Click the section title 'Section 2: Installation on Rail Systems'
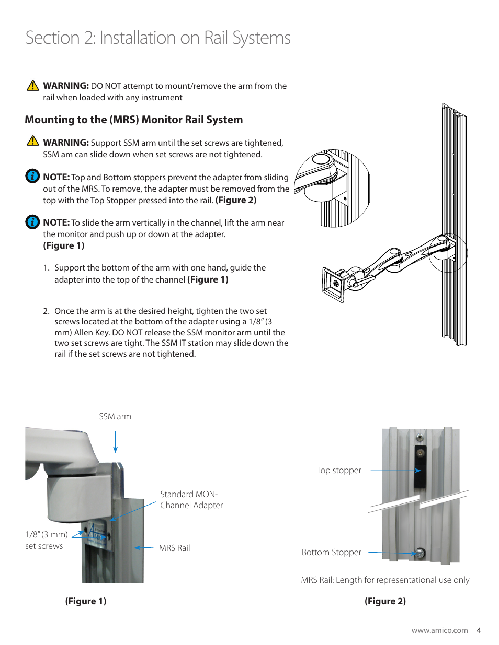click(x=157, y=38)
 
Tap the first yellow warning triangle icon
click(x=33, y=86)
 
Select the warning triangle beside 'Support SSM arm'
click(x=33, y=141)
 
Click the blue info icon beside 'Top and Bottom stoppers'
click(x=32, y=176)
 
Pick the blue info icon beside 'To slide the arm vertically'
click(x=32, y=222)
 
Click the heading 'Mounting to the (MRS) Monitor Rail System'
click(x=133, y=120)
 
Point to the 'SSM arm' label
click(x=115, y=416)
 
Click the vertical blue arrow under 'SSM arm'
click(x=116, y=442)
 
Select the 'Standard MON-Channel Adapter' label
click(x=191, y=500)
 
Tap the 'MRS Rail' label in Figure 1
click(x=174, y=548)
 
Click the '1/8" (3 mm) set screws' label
click(x=46, y=540)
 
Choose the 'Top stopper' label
click(x=338, y=470)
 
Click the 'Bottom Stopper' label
click(x=331, y=552)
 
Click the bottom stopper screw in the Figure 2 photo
click(x=419, y=553)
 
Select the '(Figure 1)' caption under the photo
click(x=86, y=601)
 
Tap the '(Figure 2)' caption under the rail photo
click(x=385, y=601)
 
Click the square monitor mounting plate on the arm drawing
click(x=333, y=284)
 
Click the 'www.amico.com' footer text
click(x=439, y=630)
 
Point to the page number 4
click(x=479, y=630)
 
